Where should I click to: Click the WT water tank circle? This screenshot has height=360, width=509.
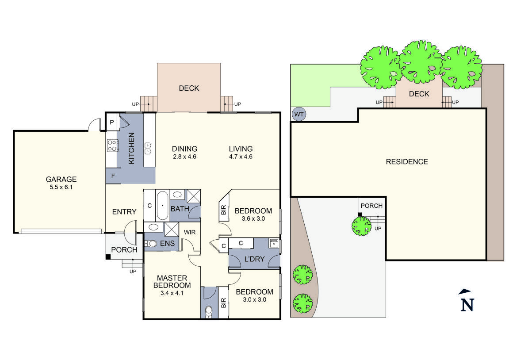299,114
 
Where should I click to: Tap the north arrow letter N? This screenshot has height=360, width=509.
467,305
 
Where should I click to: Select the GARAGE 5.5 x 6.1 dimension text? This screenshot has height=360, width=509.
61,188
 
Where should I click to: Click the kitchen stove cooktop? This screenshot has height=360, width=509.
113,146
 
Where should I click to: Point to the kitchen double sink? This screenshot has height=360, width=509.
148,148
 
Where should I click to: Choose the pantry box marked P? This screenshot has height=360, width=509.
112,122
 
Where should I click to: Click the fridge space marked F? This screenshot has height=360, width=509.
113,176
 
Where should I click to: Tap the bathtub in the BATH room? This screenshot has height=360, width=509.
162,206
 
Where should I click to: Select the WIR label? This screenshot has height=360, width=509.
190,232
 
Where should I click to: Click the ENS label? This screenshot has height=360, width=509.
168,243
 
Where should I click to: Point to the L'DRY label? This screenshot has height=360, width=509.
254,259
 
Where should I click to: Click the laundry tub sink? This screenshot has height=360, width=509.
274,243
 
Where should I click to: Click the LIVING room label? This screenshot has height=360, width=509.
241,149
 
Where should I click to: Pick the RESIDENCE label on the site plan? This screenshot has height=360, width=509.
407,162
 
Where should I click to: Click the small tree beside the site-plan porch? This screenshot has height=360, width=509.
361,226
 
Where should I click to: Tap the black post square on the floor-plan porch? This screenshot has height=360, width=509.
108,257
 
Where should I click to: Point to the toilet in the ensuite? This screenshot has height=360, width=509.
150,243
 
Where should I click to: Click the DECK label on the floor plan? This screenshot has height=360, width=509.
189,88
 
